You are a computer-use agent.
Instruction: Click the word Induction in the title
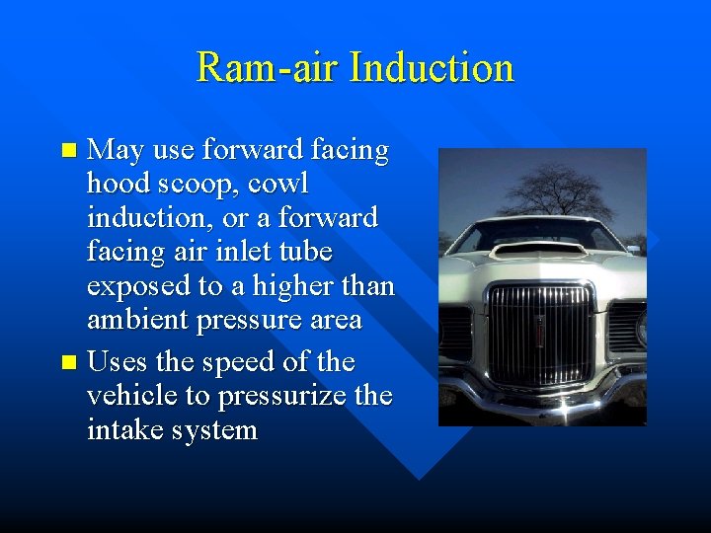pos(433,68)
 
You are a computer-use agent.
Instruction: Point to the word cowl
pos(280,184)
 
